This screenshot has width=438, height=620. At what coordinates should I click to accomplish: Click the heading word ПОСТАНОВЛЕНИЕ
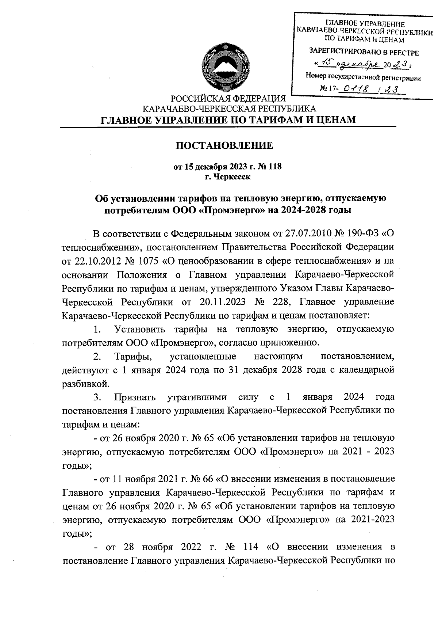click(x=224, y=145)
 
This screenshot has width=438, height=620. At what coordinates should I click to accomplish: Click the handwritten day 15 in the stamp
click(x=325, y=64)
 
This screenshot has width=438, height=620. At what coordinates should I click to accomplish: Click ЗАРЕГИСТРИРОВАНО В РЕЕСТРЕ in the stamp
click(x=364, y=53)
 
